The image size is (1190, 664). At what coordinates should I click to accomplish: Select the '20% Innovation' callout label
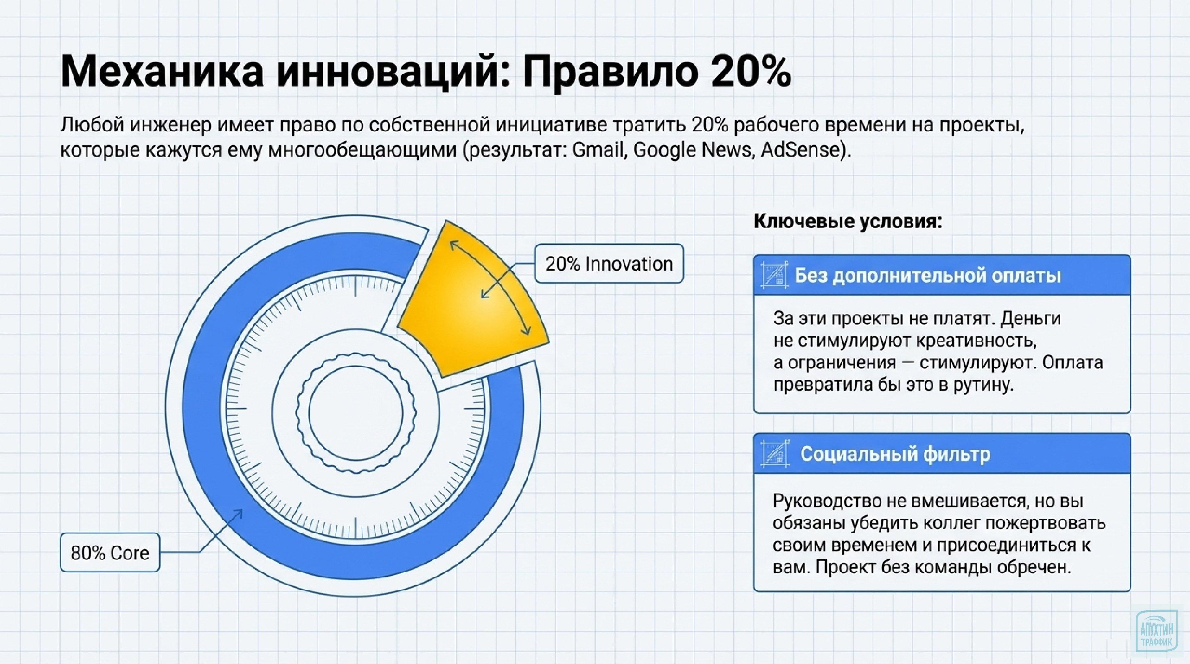pyautogui.click(x=609, y=264)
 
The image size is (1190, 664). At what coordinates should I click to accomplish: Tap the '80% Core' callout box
pyautogui.click(x=110, y=553)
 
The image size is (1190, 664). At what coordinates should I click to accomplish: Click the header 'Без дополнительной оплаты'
pyautogui.click(x=928, y=276)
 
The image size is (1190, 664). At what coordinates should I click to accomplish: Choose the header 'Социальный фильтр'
pyautogui.click(x=895, y=454)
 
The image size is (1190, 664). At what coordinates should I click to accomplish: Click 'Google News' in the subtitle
pyautogui.click(x=692, y=150)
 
